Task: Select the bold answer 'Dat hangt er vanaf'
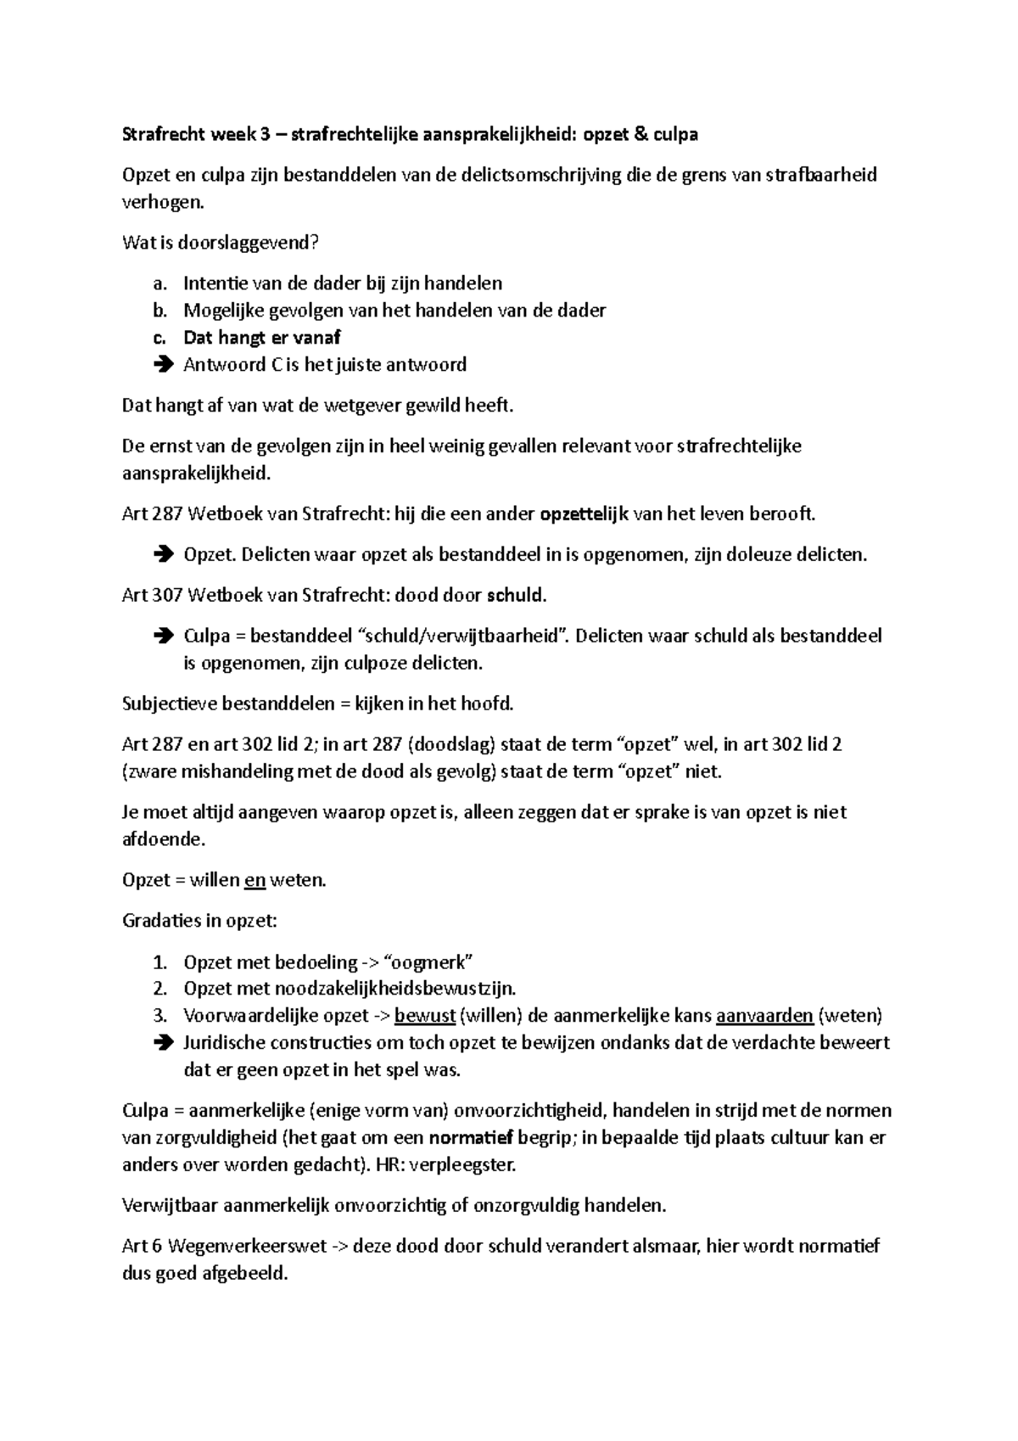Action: [x=261, y=338]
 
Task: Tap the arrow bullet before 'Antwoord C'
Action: [x=163, y=365]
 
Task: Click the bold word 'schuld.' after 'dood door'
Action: [x=516, y=596]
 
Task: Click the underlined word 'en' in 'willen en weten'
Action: [x=255, y=881]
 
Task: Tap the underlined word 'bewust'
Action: [x=425, y=1016]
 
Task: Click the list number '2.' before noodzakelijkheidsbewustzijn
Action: [x=161, y=990]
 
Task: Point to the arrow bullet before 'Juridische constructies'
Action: [x=163, y=1043]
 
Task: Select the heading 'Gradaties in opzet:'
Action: [x=200, y=922]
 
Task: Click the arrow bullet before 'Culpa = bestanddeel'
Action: [x=163, y=636]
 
